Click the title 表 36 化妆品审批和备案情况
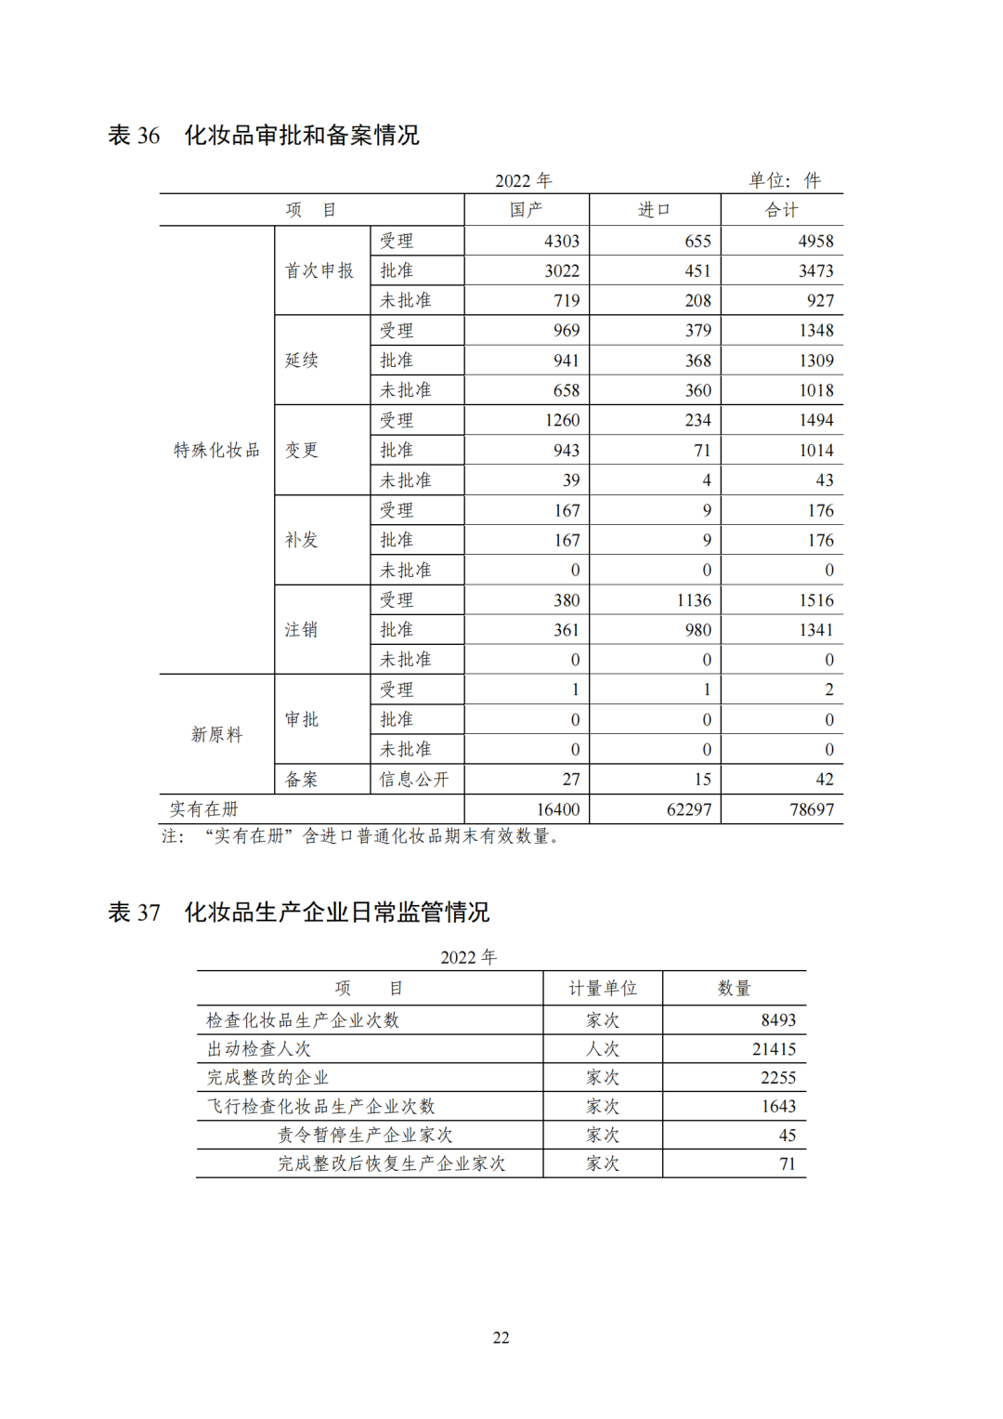[264, 136]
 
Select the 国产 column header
[526, 210]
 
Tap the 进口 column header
[654, 210]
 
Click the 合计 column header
[781, 210]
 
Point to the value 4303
[562, 241]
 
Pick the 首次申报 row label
[319, 270]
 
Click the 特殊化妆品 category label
[216, 450]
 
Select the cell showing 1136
[694, 600]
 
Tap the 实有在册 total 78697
[812, 809]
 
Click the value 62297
[689, 809]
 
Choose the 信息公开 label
[413, 780]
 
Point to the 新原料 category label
[216, 734]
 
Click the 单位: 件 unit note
[785, 180]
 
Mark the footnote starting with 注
[361, 836]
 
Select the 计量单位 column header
[603, 988]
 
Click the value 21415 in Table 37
[774, 1049]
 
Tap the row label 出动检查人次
[258, 1049]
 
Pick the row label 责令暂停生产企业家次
[365, 1135]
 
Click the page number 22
[501, 1337]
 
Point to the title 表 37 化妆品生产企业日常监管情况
[299, 913]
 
